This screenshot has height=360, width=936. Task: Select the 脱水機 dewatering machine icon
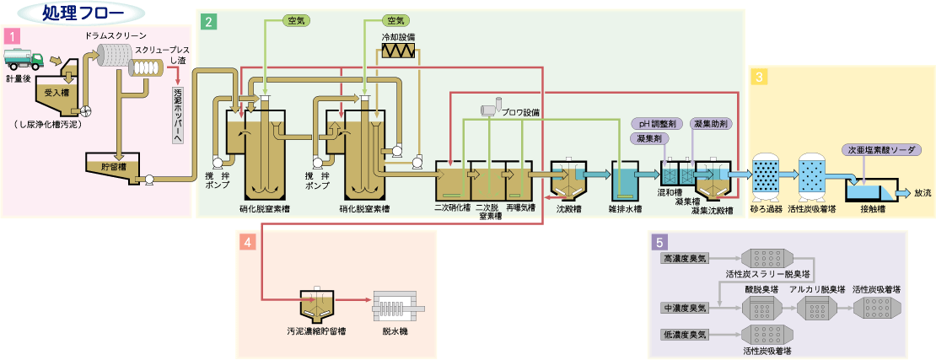point(394,307)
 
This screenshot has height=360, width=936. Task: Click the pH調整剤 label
point(654,123)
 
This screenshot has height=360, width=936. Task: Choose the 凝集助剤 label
point(710,123)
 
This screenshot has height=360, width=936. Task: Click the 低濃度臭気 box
point(685,335)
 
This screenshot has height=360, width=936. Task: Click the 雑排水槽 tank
point(627,180)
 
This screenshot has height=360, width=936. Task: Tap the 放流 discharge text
point(923,193)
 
